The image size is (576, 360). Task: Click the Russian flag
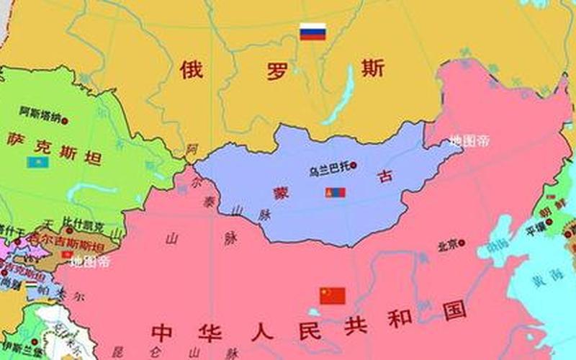(x=312, y=32)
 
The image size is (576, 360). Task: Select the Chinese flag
(x=333, y=296)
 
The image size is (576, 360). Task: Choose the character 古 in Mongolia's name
(x=385, y=177)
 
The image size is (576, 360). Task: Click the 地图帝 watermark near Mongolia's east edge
(x=469, y=140)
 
